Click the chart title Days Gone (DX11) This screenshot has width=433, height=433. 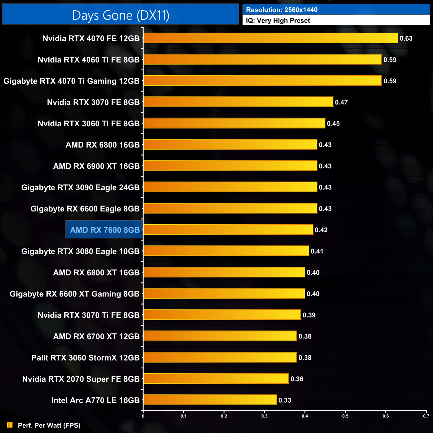[121, 15]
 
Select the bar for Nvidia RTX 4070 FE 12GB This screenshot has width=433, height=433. [270, 38]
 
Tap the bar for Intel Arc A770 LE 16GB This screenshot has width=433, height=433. [210, 400]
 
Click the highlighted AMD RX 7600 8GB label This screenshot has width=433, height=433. [105, 230]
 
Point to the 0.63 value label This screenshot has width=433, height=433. [406, 38]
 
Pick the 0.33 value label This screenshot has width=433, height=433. [285, 400]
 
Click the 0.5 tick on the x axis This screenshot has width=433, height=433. [345, 416]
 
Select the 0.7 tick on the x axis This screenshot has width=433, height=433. [426, 416]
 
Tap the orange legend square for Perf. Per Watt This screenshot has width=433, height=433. [10, 425]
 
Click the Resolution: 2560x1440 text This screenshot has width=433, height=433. [282, 10]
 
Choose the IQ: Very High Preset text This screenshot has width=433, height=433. [278, 21]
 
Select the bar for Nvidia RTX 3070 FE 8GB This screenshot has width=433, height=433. [238, 102]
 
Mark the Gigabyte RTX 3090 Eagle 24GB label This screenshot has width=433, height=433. [80, 188]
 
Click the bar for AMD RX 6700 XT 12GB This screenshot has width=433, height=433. [220, 336]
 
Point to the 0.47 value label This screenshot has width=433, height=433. [341, 102]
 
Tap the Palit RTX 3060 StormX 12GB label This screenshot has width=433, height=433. [85, 358]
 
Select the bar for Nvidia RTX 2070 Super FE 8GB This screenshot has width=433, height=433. [216, 379]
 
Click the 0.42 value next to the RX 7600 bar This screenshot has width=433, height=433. [321, 230]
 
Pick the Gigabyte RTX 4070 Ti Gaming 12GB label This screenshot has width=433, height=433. [71, 81]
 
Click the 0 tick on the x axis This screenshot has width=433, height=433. [143, 416]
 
